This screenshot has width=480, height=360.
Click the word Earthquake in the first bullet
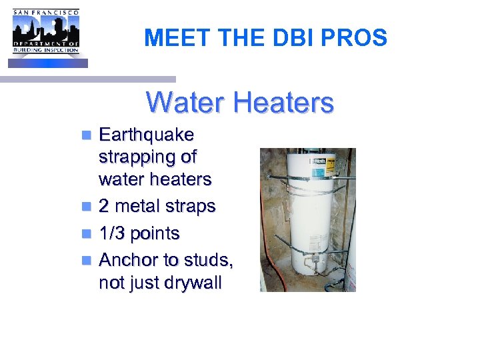(146, 135)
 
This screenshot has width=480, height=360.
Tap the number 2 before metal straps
(103, 207)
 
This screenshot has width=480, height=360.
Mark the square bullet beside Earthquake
(87, 135)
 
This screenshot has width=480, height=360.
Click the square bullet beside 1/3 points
(87, 234)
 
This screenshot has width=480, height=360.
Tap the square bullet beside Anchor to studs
(87, 261)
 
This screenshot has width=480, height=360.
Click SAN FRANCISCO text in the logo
(45, 12)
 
